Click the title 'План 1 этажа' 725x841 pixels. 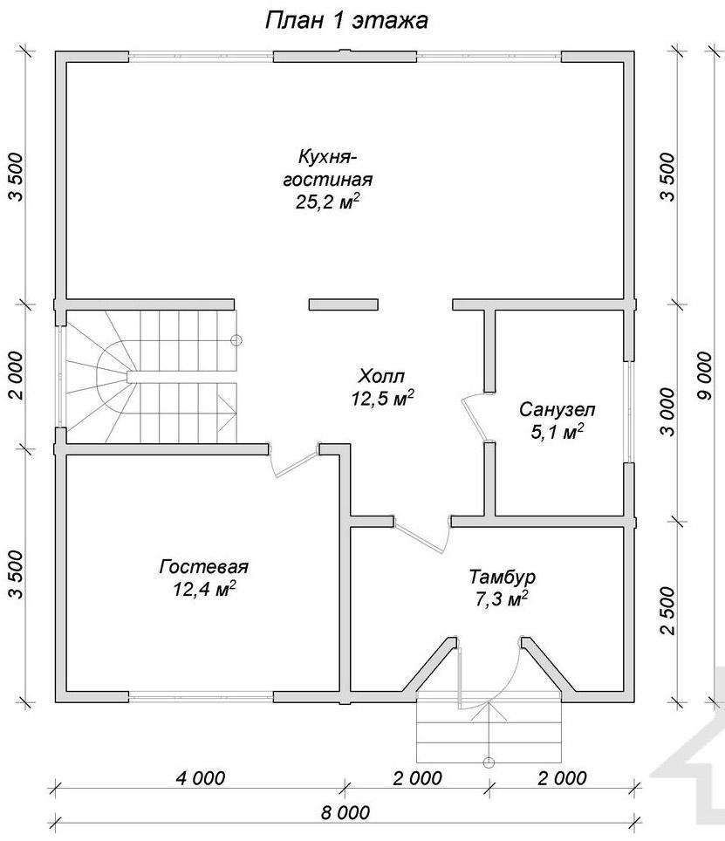[347, 21]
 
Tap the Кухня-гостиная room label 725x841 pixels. [327, 168]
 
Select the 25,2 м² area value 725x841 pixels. [327, 202]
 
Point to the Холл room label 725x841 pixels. [382, 375]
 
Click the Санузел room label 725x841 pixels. [557, 410]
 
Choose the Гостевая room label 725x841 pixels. [204, 566]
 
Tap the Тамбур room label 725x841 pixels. [502, 578]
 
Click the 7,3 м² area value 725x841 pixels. [502, 598]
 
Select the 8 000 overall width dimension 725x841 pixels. [345, 812]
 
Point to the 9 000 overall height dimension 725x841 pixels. [706, 376]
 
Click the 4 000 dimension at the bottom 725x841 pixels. [201, 777]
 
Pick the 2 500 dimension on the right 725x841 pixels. [667, 611]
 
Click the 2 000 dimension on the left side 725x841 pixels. [16, 375]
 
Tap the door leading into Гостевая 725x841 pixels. [294, 460]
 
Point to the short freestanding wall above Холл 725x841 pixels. [343, 304]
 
